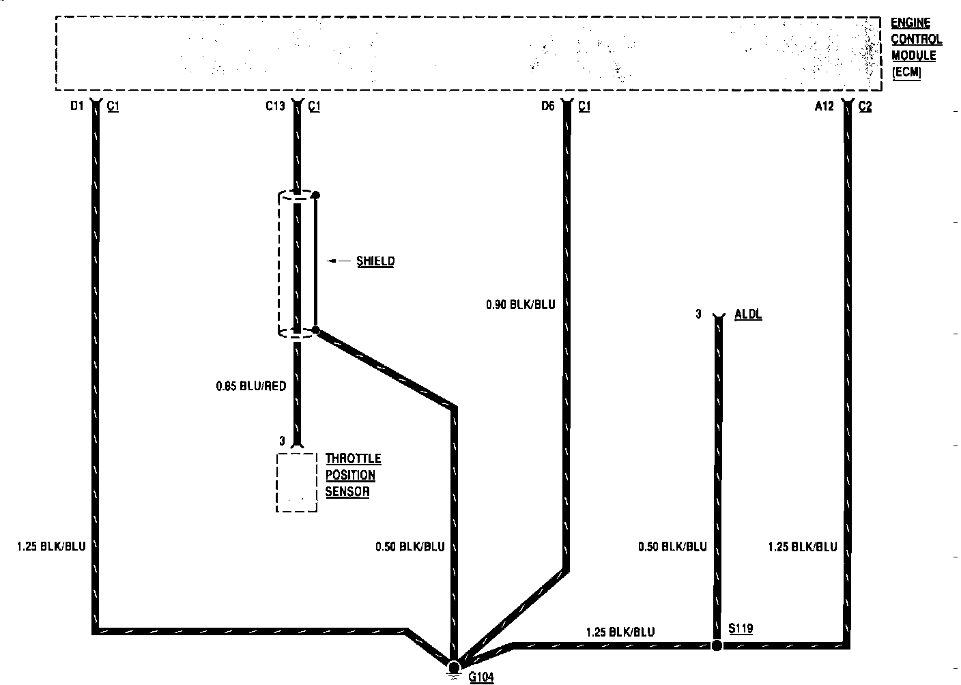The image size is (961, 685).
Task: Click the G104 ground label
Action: [480, 677]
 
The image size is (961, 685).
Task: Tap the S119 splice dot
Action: [717, 645]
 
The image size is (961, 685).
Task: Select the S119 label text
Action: [741, 628]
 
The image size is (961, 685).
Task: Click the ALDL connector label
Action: [748, 315]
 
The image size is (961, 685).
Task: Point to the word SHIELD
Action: [375, 261]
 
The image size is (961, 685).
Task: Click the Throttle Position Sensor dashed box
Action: [296, 482]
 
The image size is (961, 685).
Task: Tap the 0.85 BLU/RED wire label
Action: [250, 386]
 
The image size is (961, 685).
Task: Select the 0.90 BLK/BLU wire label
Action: [520, 304]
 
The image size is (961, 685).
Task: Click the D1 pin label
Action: [76, 106]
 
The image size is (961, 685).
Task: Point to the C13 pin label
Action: [275, 106]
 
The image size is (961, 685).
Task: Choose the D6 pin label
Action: [548, 106]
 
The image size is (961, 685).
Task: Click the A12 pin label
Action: [824, 106]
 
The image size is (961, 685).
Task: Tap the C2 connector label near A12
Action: [865, 106]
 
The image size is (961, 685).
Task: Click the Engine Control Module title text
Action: [916, 48]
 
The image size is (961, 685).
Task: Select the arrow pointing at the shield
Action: [338, 261]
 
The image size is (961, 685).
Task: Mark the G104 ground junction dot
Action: [454, 666]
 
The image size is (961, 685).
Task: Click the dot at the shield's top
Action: [315, 195]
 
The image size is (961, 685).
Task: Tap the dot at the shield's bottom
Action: [315, 330]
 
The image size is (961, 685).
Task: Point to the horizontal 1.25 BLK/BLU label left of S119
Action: [620, 632]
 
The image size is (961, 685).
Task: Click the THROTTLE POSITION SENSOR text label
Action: [352, 475]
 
